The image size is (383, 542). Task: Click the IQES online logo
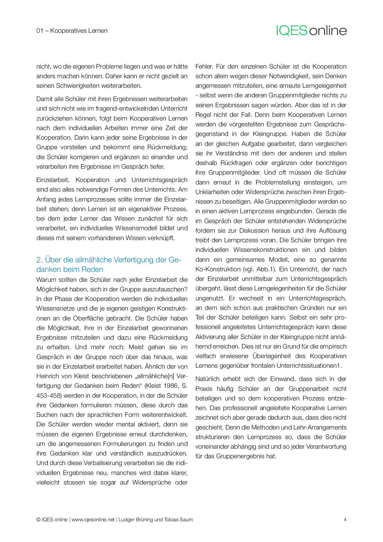pyautogui.click(x=311, y=31)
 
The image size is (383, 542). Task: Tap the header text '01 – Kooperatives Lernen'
pyautogui.click(x=72, y=31)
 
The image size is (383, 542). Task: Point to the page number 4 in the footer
pyautogui.click(x=345, y=519)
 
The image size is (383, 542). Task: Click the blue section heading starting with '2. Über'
pyautogui.click(x=109, y=264)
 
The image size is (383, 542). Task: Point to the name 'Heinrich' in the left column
pyautogui.click(x=47, y=376)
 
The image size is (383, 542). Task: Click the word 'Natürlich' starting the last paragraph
pyautogui.click(x=208, y=379)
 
